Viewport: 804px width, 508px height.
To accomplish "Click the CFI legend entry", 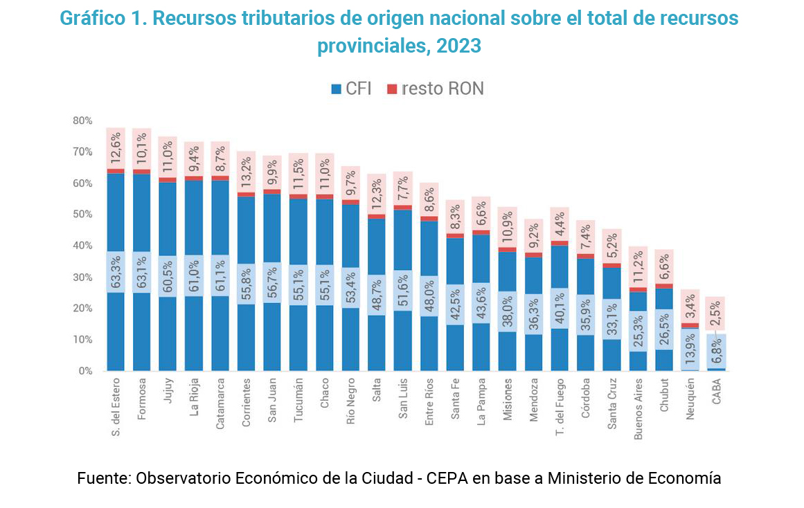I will click(351, 89).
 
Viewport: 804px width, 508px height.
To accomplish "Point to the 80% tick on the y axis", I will click(82, 120).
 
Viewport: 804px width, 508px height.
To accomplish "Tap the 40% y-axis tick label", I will click(82, 246).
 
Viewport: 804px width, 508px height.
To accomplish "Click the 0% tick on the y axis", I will click(84, 371).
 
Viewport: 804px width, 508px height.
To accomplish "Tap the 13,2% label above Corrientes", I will click(247, 170).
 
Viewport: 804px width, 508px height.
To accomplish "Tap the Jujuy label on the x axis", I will click(168, 393).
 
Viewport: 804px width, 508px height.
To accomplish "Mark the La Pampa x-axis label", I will click(482, 401).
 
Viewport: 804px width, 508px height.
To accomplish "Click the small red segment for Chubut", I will click(664, 286).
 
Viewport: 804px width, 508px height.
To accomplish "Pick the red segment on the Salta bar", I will click(376, 217).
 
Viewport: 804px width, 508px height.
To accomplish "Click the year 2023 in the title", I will click(458, 46).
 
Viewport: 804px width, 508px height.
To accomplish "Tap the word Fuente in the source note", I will click(102, 478).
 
